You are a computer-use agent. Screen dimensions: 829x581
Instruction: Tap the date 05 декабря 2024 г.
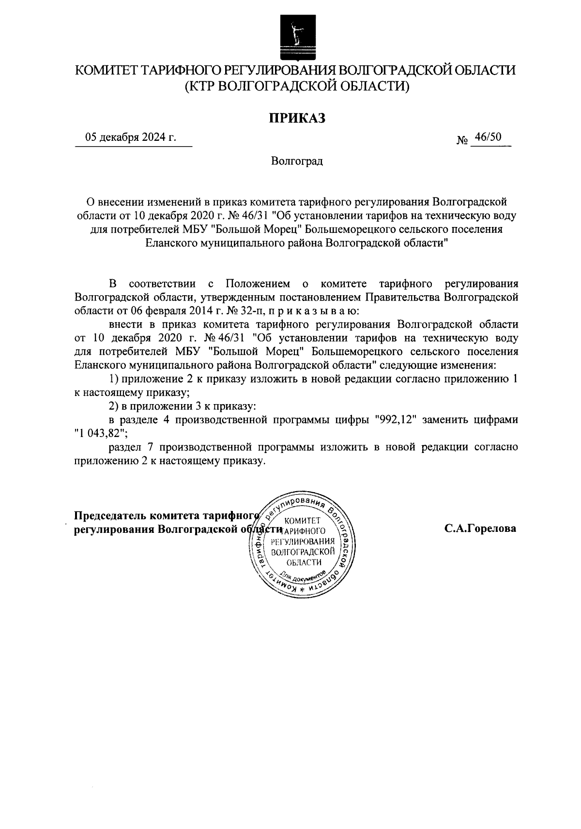click(x=130, y=138)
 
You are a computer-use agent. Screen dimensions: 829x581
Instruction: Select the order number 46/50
click(x=488, y=137)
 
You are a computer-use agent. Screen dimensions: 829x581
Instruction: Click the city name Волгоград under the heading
click(x=297, y=161)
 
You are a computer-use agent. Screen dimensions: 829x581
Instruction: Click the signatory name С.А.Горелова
click(x=480, y=528)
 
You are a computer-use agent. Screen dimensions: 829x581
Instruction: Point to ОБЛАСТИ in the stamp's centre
click(x=304, y=562)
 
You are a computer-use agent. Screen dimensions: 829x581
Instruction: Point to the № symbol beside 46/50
click(x=462, y=141)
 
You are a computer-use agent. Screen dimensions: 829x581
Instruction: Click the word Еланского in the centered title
click(x=171, y=243)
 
